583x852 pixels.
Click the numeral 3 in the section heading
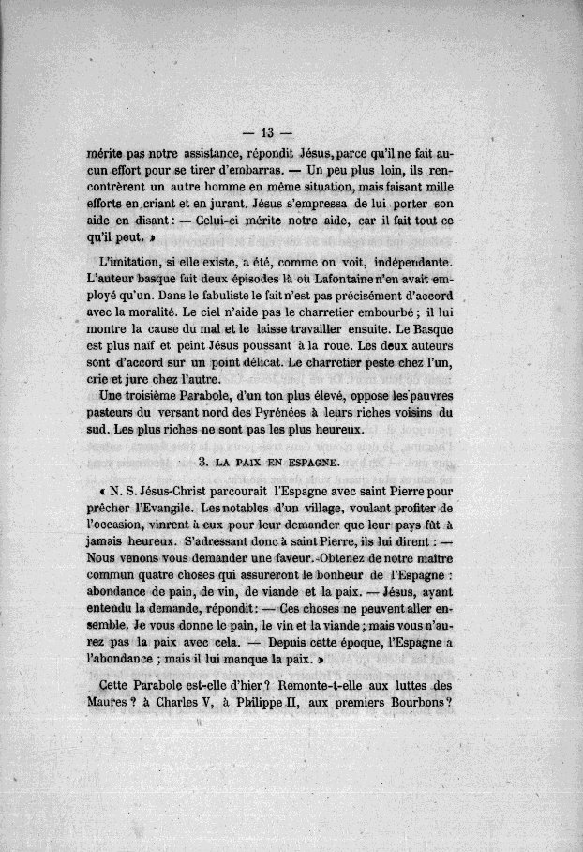click(202, 464)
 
